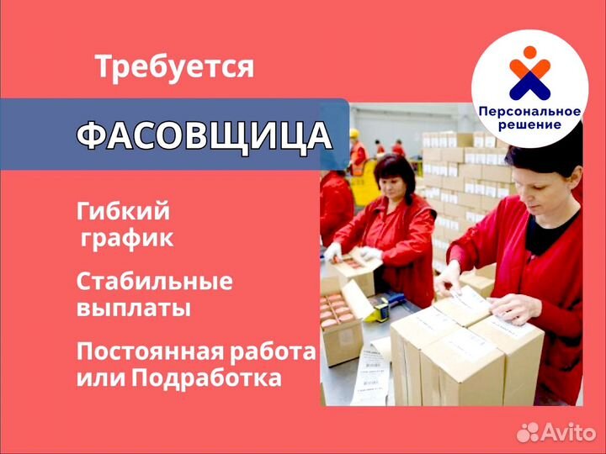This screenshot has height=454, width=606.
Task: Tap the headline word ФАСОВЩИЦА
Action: coord(205,135)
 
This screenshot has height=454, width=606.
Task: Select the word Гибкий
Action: coord(123,211)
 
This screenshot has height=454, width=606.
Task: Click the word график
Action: coord(127,239)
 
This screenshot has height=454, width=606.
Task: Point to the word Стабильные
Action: coord(155,282)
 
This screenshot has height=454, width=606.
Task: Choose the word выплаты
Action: coord(134,309)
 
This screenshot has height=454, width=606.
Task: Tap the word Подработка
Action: coord(206,378)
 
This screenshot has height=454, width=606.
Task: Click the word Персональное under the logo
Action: coord(529,112)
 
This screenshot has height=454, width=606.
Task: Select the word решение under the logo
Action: coord(529,124)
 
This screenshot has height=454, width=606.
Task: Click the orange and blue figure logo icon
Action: coord(530,72)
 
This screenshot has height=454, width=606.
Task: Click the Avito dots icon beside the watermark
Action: coord(528,432)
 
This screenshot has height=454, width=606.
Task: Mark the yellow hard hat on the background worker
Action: coord(354,134)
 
